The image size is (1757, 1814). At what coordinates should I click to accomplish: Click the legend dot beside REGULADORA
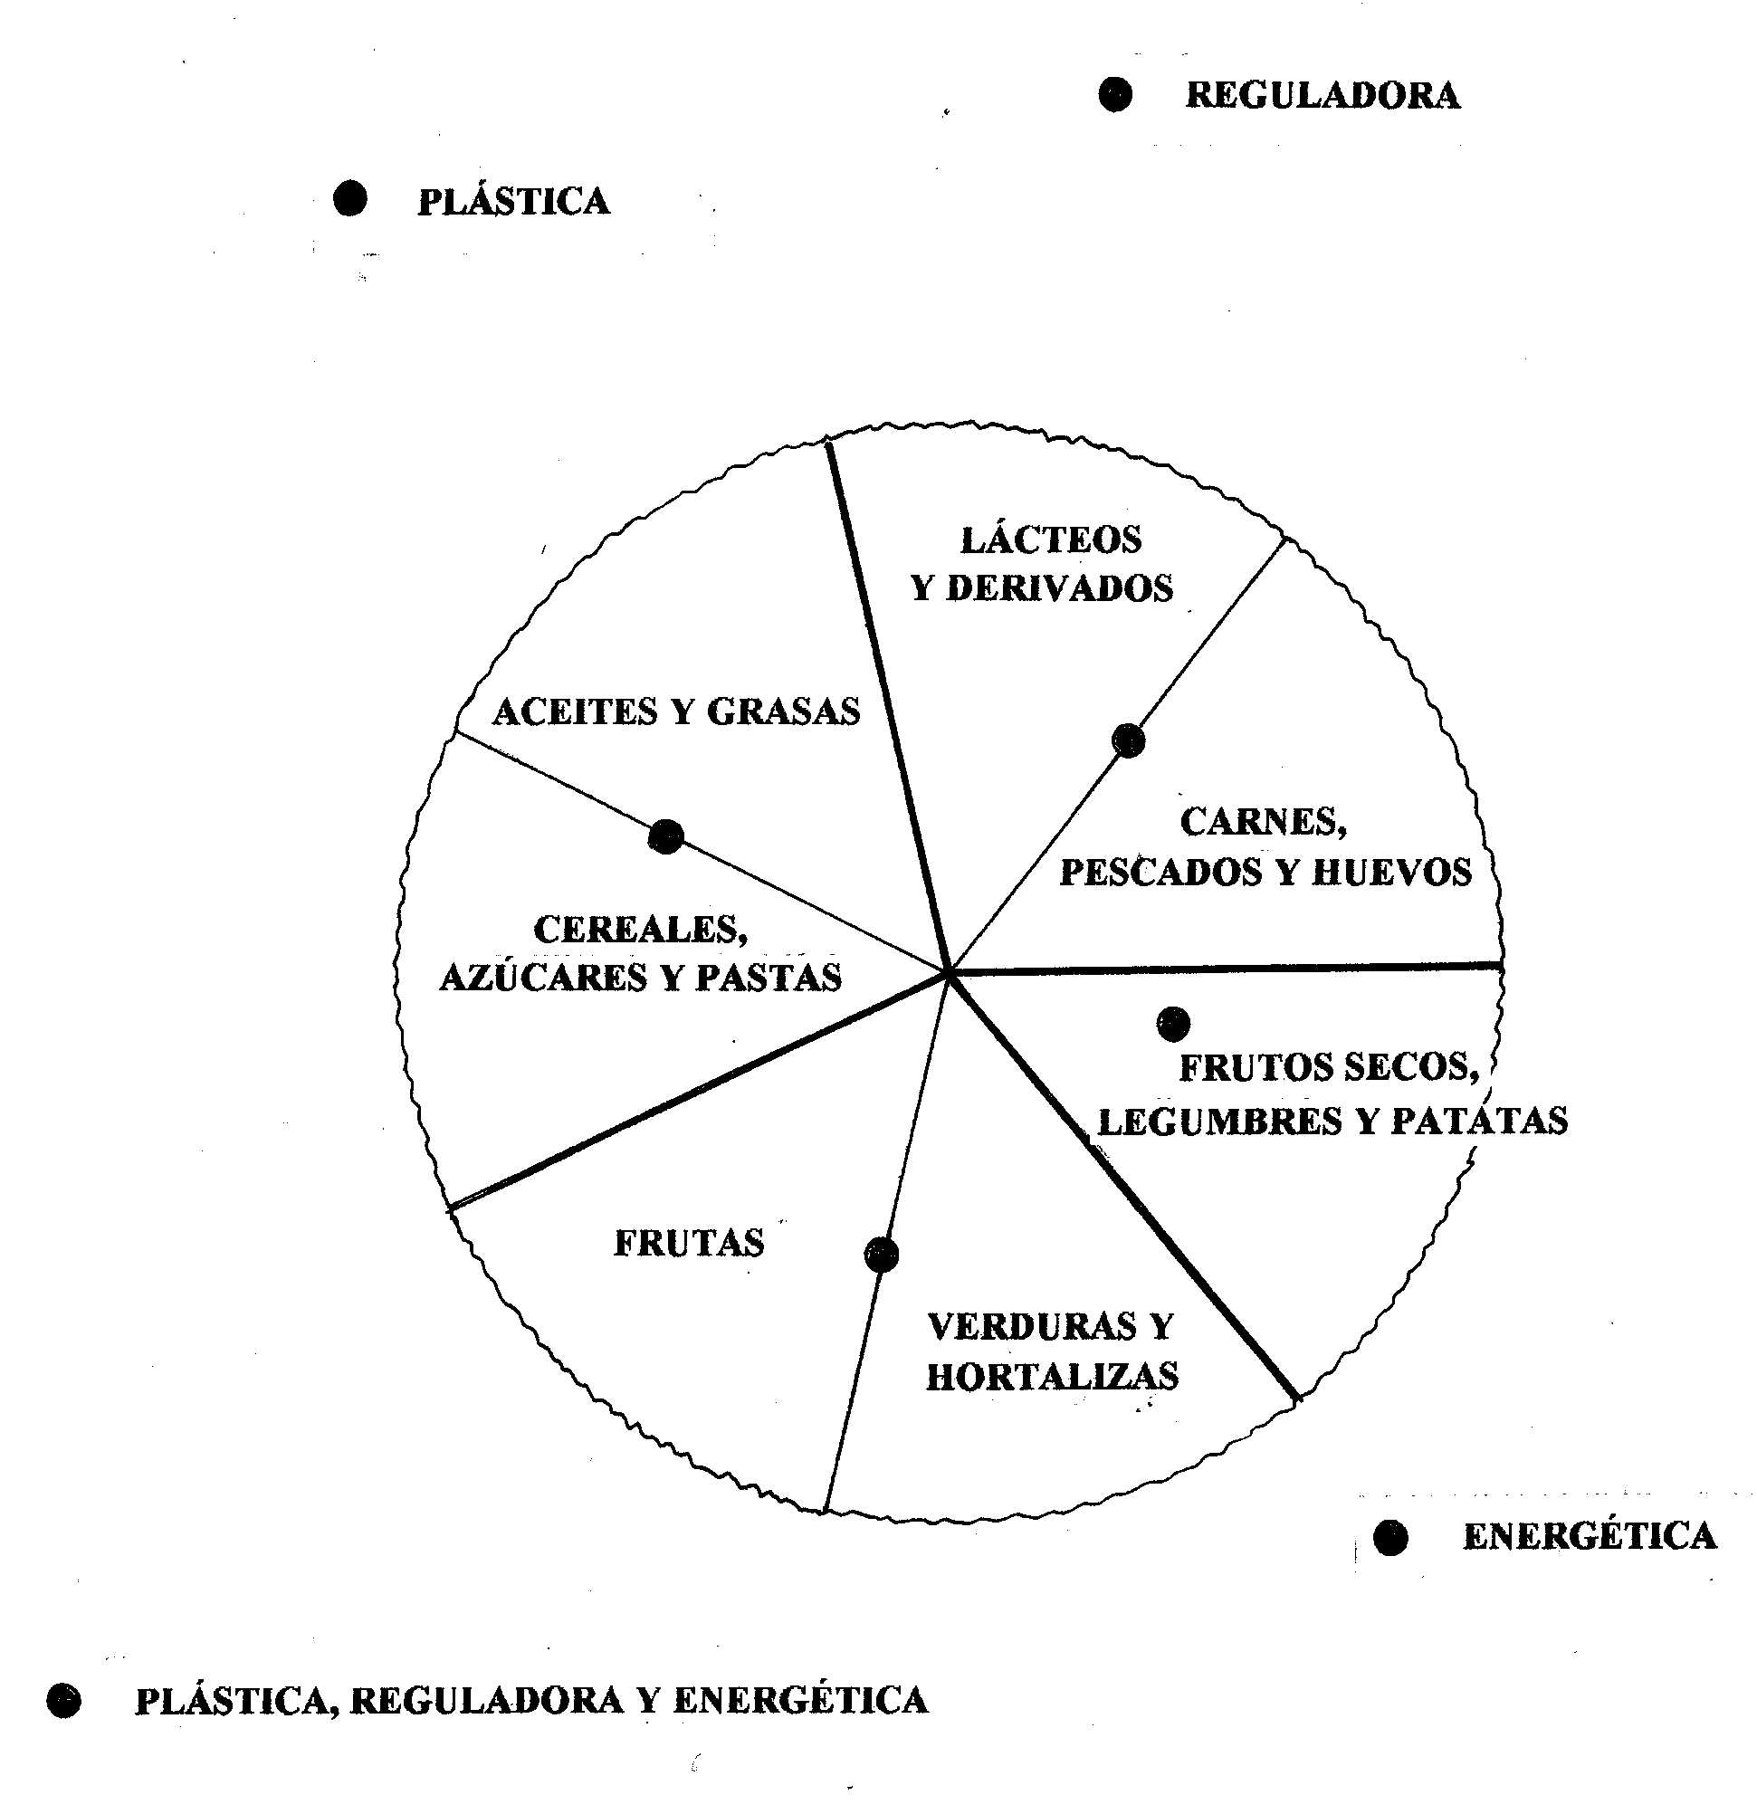coord(1114,94)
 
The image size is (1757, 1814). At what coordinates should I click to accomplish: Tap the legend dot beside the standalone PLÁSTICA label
coord(350,198)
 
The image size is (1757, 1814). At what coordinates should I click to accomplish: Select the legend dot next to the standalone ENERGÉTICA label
coord(1389,1537)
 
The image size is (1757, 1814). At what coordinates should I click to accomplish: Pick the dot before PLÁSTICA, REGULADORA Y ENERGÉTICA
coord(64,1700)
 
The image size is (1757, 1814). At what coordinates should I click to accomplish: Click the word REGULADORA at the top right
coord(1323,96)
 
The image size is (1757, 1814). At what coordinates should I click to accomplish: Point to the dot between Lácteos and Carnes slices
coord(1128,740)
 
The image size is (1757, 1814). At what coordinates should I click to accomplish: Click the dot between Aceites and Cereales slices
coord(665,836)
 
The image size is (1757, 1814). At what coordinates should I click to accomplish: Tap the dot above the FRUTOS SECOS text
coord(1173,1023)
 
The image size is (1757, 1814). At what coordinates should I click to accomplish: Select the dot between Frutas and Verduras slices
coord(881,1255)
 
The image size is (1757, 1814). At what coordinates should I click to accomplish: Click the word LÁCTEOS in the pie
coord(1051,539)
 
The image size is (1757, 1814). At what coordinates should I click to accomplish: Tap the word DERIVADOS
coord(1059,588)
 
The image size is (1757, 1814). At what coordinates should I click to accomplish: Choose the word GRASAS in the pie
coord(783,711)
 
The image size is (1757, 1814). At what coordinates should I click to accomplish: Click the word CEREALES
coord(641,930)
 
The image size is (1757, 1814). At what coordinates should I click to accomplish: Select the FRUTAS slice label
coord(689,1243)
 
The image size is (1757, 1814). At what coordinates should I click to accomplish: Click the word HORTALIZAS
coord(1053,1377)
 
